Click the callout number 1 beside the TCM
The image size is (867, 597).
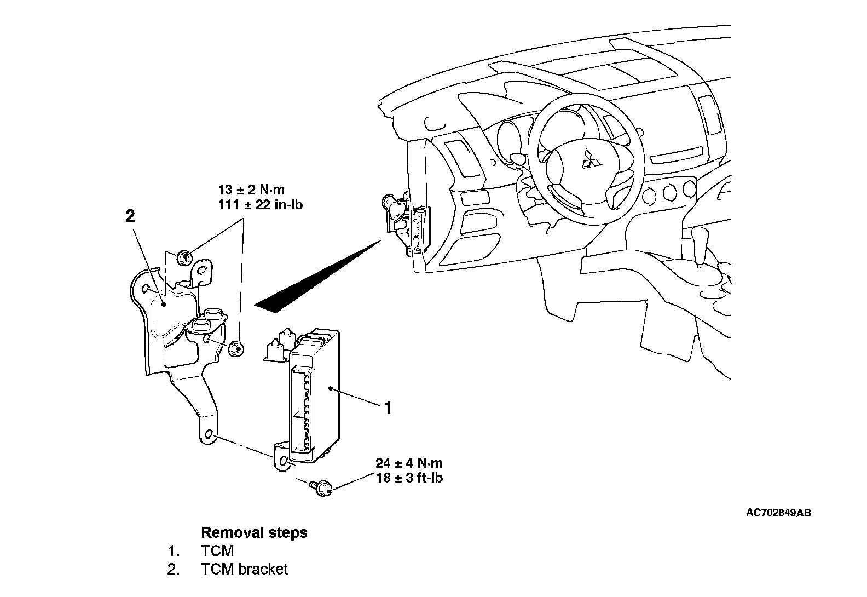coord(388,408)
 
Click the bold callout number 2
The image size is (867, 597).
coord(130,216)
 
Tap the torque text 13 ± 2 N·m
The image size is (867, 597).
coord(251,190)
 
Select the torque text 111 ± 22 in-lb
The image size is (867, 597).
coord(260,205)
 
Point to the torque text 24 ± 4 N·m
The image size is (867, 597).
coord(409,463)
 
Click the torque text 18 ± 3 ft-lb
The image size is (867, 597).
coord(409,478)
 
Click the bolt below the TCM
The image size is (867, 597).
coord(322,486)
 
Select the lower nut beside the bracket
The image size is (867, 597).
coord(236,348)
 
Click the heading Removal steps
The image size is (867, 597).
coord(254,532)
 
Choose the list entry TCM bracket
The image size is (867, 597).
coord(244,570)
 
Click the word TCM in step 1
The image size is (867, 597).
coord(217,551)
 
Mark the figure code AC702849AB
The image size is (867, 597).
coord(778,513)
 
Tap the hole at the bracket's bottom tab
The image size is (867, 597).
coord(209,436)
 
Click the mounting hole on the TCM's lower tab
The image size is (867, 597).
coord(282,463)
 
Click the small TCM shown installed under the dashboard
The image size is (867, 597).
coord(419,230)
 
